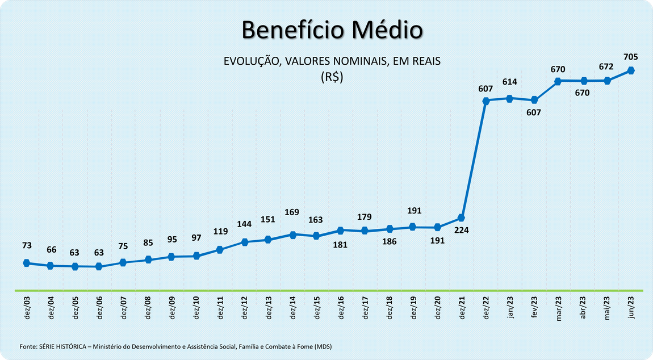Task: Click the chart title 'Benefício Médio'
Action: [x=332, y=30]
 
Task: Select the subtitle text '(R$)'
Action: [x=332, y=77]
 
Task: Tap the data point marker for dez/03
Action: [x=26, y=263]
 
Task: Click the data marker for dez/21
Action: [x=461, y=218]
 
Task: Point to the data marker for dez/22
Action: [x=485, y=101]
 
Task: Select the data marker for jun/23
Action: [x=631, y=70]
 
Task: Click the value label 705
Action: [x=631, y=57]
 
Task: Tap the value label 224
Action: [x=461, y=231]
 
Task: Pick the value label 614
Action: [x=509, y=82]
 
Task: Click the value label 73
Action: [x=27, y=245]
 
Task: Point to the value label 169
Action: [x=292, y=213]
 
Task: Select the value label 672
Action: [x=606, y=66]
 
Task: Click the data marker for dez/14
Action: [x=292, y=235]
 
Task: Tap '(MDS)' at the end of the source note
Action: [x=323, y=346]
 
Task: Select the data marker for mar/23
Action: [x=558, y=81]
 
